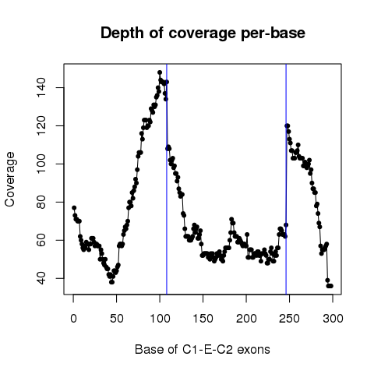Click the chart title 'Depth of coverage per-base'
pyautogui.click(x=203, y=34)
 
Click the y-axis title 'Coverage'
pyautogui.click(x=9, y=179)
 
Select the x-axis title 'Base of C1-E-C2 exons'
pyautogui.click(x=203, y=349)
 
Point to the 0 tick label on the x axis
pyautogui.click(x=73, y=319)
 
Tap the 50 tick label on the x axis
pyautogui.click(x=117, y=319)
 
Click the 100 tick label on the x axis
pyautogui.click(x=160, y=319)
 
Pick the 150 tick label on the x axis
pyautogui.click(x=203, y=319)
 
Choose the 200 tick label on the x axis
pyautogui.click(x=246, y=319)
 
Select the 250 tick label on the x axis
pyautogui.click(x=289, y=319)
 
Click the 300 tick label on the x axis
pyautogui.click(x=333, y=319)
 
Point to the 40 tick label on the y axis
pyautogui.click(x=41, y=278)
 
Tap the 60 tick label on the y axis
pyautogui.click(x=41, y=240)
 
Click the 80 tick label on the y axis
pyautogui.click(x=41, y=202)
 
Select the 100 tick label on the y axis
pyautogui.click(x=41, y=164)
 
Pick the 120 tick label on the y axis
pyautogui.click(x=41, y=125)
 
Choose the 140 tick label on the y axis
pyautogui.click(x=41, y=87)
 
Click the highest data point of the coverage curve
pyautogui.click(x=160, y=72)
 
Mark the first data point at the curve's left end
pyautogui.click(x=74, y=208)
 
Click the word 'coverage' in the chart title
pyautogui.click(x=203, y=34)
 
